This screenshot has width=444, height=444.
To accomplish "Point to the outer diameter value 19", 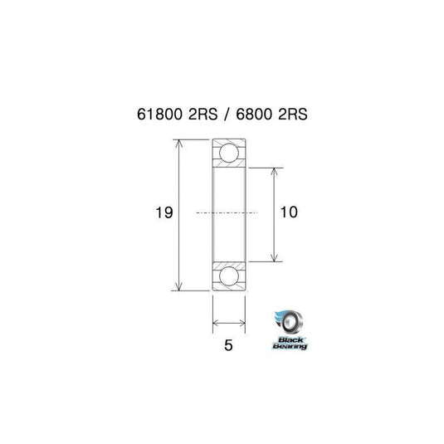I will coord(163,213).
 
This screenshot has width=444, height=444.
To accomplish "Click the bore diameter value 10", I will coord(289,213).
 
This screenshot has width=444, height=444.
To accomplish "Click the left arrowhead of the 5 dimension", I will coord(217,324).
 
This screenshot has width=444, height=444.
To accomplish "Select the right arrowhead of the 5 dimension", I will coord(242,324).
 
